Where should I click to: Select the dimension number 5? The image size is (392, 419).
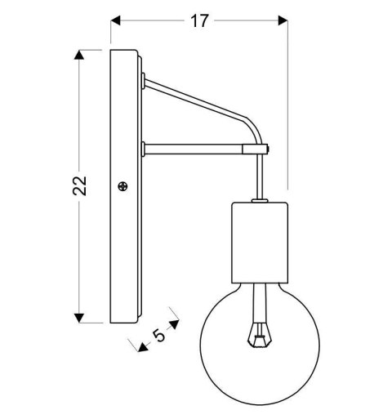(x=158, y=333)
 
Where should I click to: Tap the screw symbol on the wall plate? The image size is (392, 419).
(x=122, y=187)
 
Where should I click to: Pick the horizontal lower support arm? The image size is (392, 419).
(x=196, y=149)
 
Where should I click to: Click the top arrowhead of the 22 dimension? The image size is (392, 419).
(x=79, y=56)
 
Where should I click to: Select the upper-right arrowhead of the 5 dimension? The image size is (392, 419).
(x=173, y=313)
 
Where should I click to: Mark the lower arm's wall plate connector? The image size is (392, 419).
(x=144, y=149)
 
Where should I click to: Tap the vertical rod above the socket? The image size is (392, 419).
(x=260, y=176)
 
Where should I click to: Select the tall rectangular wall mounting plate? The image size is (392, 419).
(x=125, y=186)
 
